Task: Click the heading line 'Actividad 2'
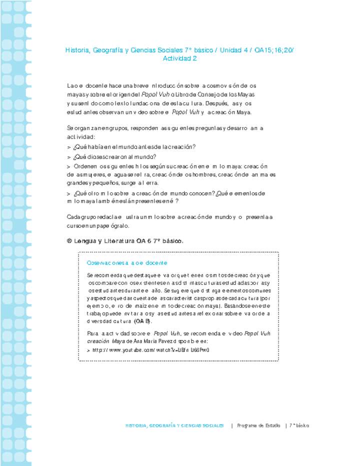(x=180, y=58)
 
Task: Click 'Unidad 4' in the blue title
(x=238, y=50)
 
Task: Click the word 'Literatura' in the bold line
(x=118, y=241)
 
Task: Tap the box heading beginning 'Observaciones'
(x=127, y=262)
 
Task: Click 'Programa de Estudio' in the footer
(x=258, y=425)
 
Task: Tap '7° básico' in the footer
(x=299, y=425)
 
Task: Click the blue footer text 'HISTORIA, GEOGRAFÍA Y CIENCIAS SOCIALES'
(x=174, y=425)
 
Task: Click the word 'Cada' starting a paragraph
(x=73, y=217)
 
